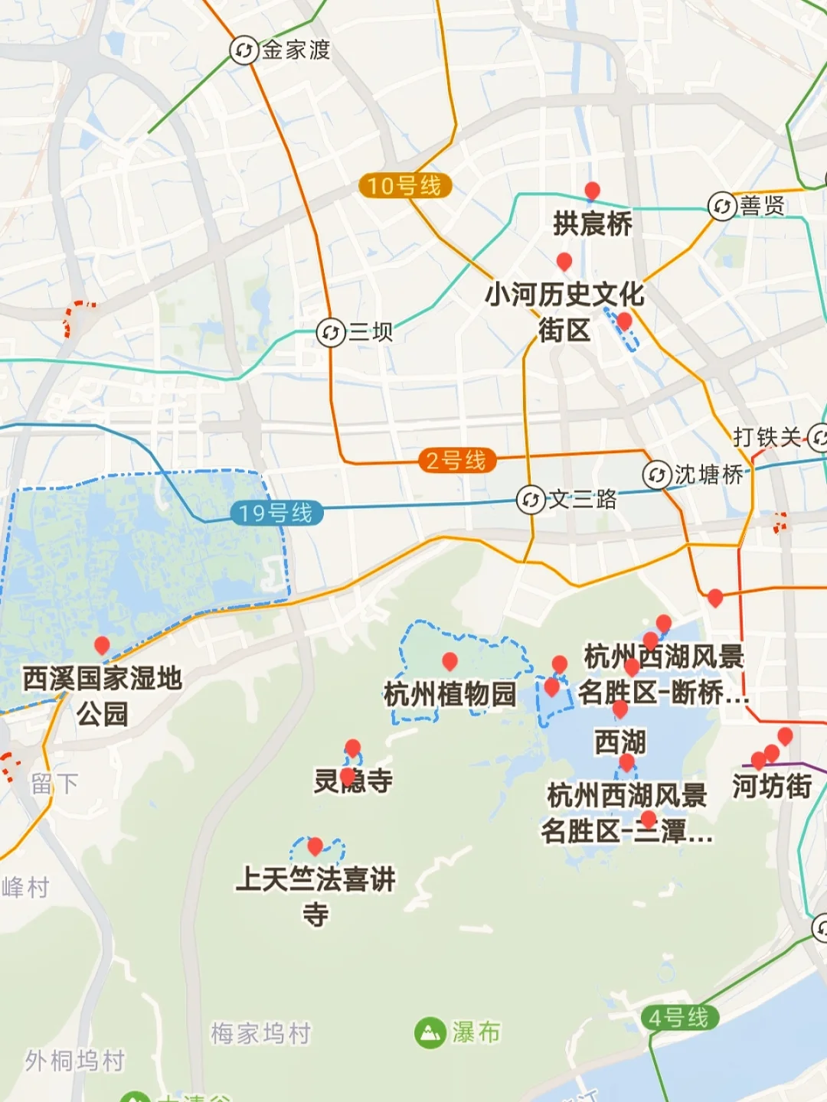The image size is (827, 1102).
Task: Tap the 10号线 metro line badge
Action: pyautogui.click(x=405, y=185)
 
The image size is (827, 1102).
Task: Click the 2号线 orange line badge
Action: pyautogui.click(x=456, y=461)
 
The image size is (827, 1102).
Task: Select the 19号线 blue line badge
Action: pyautogui.click(x=276, y=513)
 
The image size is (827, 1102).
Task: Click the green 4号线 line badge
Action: pyautogui.click(x=679, y=1018)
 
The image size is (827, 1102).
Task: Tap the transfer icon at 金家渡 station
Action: pyautogui.click(x=244, y=51)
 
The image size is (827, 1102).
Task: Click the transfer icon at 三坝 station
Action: pyautogui.click(x=331, y=333)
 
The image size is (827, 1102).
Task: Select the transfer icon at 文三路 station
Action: pyautogui.click(x=531, y=500)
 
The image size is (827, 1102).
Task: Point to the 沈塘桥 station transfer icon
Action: pyautogui.click(x=657, y=474)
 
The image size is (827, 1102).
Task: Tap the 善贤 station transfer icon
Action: pyautogui.click(x=721, y=206)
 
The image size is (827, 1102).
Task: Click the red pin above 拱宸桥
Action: pyautogui.click(x=592, y=191)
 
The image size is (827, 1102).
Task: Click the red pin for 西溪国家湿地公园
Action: pyautogui.click(x=102, y=645)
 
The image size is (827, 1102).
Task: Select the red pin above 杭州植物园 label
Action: pyautogui.click(x=450, y=660)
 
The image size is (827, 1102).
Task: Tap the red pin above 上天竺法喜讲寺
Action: pyautogui.click(x=315, y=846)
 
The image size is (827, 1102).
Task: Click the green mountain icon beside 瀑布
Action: pyautogui.click(x=430, y=1033)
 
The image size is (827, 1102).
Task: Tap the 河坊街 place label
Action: pyautogui.click(x=772, y=786)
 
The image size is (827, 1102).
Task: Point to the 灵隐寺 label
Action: pyautogui.click(x=353, y=781)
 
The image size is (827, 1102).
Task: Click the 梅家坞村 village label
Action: pyautogui.click(x=261, y=1033)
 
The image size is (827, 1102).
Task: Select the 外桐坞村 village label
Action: pyautogui.click(x=75, y=1061)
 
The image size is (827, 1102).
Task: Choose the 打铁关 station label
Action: pyautogui.click(x=767, y=437)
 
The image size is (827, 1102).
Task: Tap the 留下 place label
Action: pyautogui.click(x=54, y=783)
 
